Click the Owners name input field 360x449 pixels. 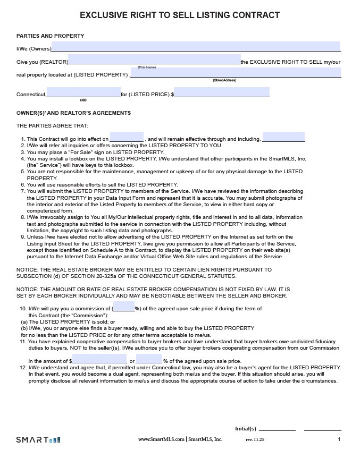click(x=196, y=46)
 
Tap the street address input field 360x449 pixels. click(x=236, y=72)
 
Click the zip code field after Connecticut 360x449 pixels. click(x=83, y=92)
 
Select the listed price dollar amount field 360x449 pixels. click(x=221, y=92)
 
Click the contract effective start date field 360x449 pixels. click(x=127, y=137)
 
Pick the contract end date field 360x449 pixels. click(x=283, y=137)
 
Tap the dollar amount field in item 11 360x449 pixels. click(x=99, y=359)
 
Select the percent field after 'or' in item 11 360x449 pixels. click(x=149, y=359)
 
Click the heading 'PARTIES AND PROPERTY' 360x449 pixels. click(x=50, y=36)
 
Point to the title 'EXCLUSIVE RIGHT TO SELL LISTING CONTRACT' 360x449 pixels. click(x=180, y=15)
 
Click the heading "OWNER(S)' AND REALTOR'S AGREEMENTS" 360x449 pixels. click(x=73, y=113)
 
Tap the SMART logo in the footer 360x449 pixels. click(x=38, y=439)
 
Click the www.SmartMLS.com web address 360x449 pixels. click(x=162, y=439)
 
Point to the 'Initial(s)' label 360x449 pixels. click(x=246, y=428)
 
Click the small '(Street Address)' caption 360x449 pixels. click(x=224, y=80)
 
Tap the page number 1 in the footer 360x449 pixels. click(x=339, y=439)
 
